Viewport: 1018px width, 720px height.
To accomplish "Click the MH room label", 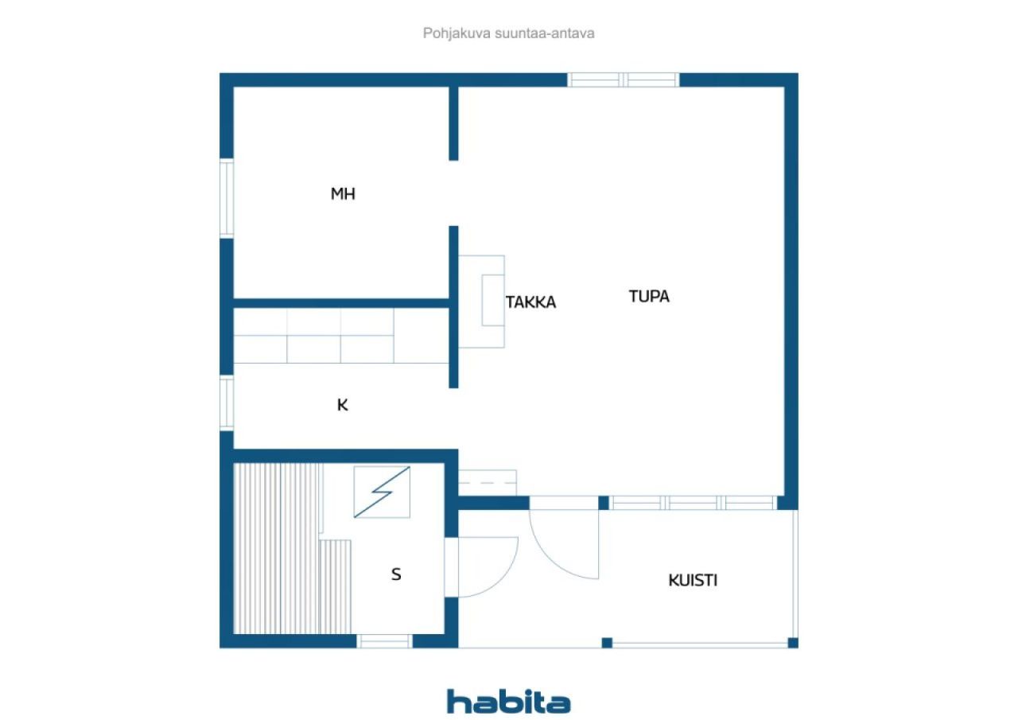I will [343, 194].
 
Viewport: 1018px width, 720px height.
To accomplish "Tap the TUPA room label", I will [649, 297].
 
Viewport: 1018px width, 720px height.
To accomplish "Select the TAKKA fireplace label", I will [530, 302].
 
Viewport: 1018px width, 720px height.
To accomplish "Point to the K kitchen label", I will [343, 405].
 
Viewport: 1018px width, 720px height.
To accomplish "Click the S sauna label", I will [396, 574].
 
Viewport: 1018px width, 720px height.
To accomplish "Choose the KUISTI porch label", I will [693, 580].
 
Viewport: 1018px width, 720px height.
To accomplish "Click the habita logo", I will [508, 702].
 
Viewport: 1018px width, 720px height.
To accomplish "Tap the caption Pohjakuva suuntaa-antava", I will [509, 33].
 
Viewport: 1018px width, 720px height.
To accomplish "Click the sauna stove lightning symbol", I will [382, 492].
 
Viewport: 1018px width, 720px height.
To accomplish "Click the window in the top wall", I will [624, 80].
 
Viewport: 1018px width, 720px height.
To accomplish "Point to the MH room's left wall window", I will [227, 198].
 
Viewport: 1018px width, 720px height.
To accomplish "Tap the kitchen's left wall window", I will [227, 403].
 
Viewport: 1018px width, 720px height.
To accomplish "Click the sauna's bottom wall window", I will [384, 640].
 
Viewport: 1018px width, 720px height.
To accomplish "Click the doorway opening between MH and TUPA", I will [453, 193].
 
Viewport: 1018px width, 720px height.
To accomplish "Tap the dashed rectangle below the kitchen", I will [488, 483].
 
